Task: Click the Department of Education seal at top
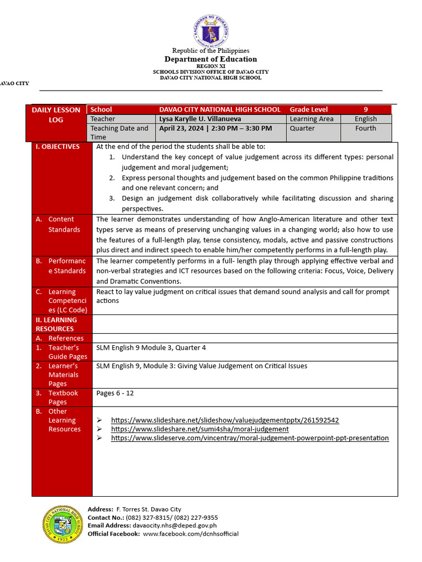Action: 210,30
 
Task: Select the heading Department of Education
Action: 210,59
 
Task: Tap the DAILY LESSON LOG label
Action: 55,115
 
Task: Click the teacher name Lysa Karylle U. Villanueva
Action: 199,119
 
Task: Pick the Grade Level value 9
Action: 365,110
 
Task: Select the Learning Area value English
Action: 365,119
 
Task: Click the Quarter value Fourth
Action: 365,128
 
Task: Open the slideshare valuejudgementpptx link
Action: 225,420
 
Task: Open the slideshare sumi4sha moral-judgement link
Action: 199,429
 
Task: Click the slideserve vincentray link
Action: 249,438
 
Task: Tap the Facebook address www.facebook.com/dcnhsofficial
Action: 191,533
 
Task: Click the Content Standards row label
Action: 64,224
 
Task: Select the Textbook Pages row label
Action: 63,397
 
